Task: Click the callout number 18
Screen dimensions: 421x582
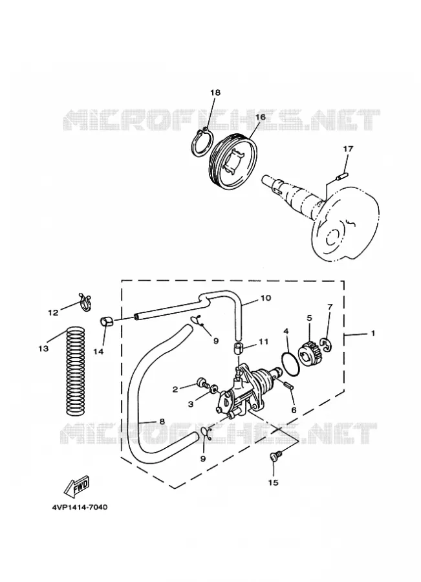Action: [x=215, y=92]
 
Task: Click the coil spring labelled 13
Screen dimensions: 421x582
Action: [x=75, y=371]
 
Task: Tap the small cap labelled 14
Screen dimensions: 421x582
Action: [x=105, y=321]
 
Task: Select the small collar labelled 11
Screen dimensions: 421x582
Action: [x=239, y=349]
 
